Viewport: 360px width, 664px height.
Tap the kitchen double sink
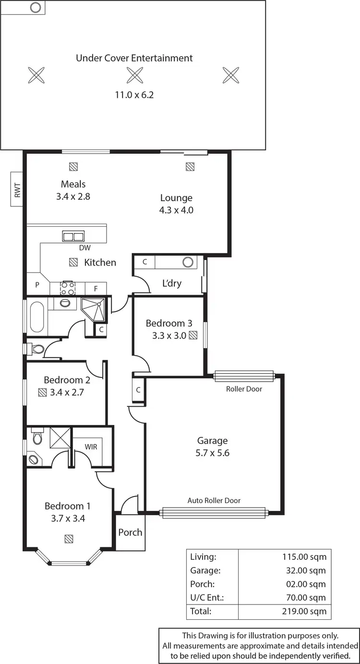[x=73, y=236]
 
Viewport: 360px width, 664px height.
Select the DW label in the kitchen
[x=85, y=248]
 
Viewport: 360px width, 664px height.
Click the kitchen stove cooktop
[x=67, y=288]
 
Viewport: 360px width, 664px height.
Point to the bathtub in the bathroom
[x=36, y=316]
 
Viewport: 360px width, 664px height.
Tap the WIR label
[x=91, y=447]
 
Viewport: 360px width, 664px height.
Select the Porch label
[x=130, y=532]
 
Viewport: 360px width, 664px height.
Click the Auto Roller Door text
[x=214, y=500]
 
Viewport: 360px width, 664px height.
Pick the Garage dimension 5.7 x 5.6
[x=213, y=453]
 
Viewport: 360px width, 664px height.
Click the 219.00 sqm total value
[x=304, y=611]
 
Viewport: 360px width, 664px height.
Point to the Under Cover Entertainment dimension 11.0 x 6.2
[x=134, y=95]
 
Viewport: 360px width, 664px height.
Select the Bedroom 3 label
[x=166, y=323]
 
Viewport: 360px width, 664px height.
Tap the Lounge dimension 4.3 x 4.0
[x=176, y=210]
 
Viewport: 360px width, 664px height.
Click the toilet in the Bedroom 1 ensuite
[x=37, y=437]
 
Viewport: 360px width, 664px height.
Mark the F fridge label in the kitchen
[x=96, y=289]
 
